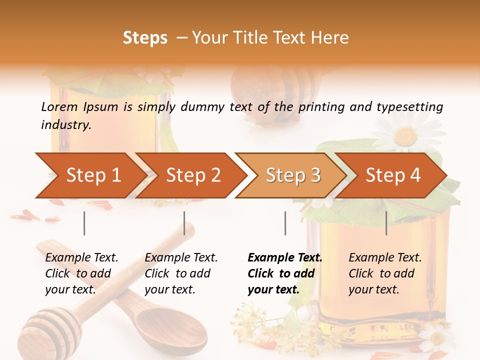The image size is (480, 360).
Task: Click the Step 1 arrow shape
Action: point(90,175)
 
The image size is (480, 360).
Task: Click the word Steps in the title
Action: point(145,38)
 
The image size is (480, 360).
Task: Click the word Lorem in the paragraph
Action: point(59,107)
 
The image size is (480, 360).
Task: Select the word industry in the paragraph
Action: point(65,125)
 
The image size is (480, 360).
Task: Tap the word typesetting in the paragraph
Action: point(408,107)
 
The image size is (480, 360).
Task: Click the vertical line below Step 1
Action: point(84,223)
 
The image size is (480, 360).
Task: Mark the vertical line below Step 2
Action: point(184,223)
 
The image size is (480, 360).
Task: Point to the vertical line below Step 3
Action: point(285,223)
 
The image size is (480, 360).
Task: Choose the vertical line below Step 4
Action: point(386,223)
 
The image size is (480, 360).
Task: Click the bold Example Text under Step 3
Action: point(285,258)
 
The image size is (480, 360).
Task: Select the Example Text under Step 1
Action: point(81,258)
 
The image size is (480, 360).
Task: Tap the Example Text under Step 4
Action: point(385,258)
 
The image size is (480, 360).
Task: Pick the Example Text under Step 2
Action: point(181,258)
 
